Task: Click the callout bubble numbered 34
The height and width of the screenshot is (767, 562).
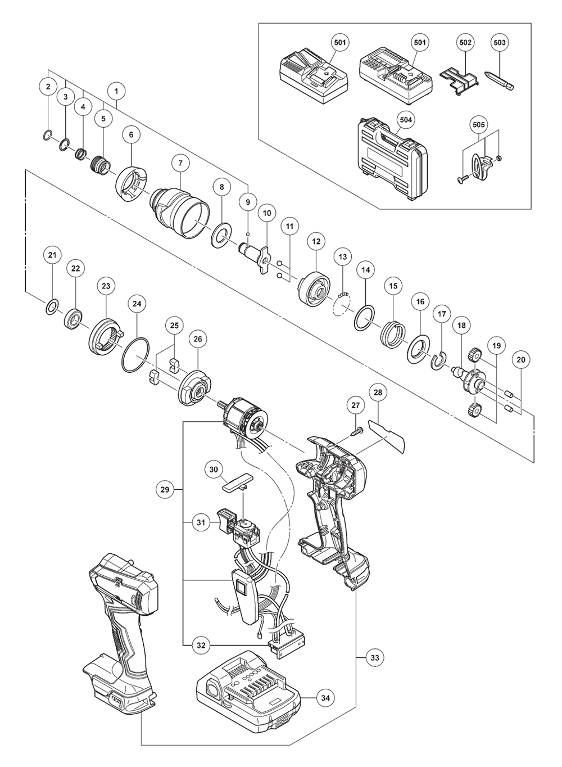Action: point(325,698)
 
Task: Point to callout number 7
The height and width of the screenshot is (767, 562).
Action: point(180,163)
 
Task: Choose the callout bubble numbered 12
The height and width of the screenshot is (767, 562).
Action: point(316,241)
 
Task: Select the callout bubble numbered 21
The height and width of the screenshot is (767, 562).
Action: point(52,255)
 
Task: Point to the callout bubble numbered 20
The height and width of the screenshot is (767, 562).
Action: point(521,359)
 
